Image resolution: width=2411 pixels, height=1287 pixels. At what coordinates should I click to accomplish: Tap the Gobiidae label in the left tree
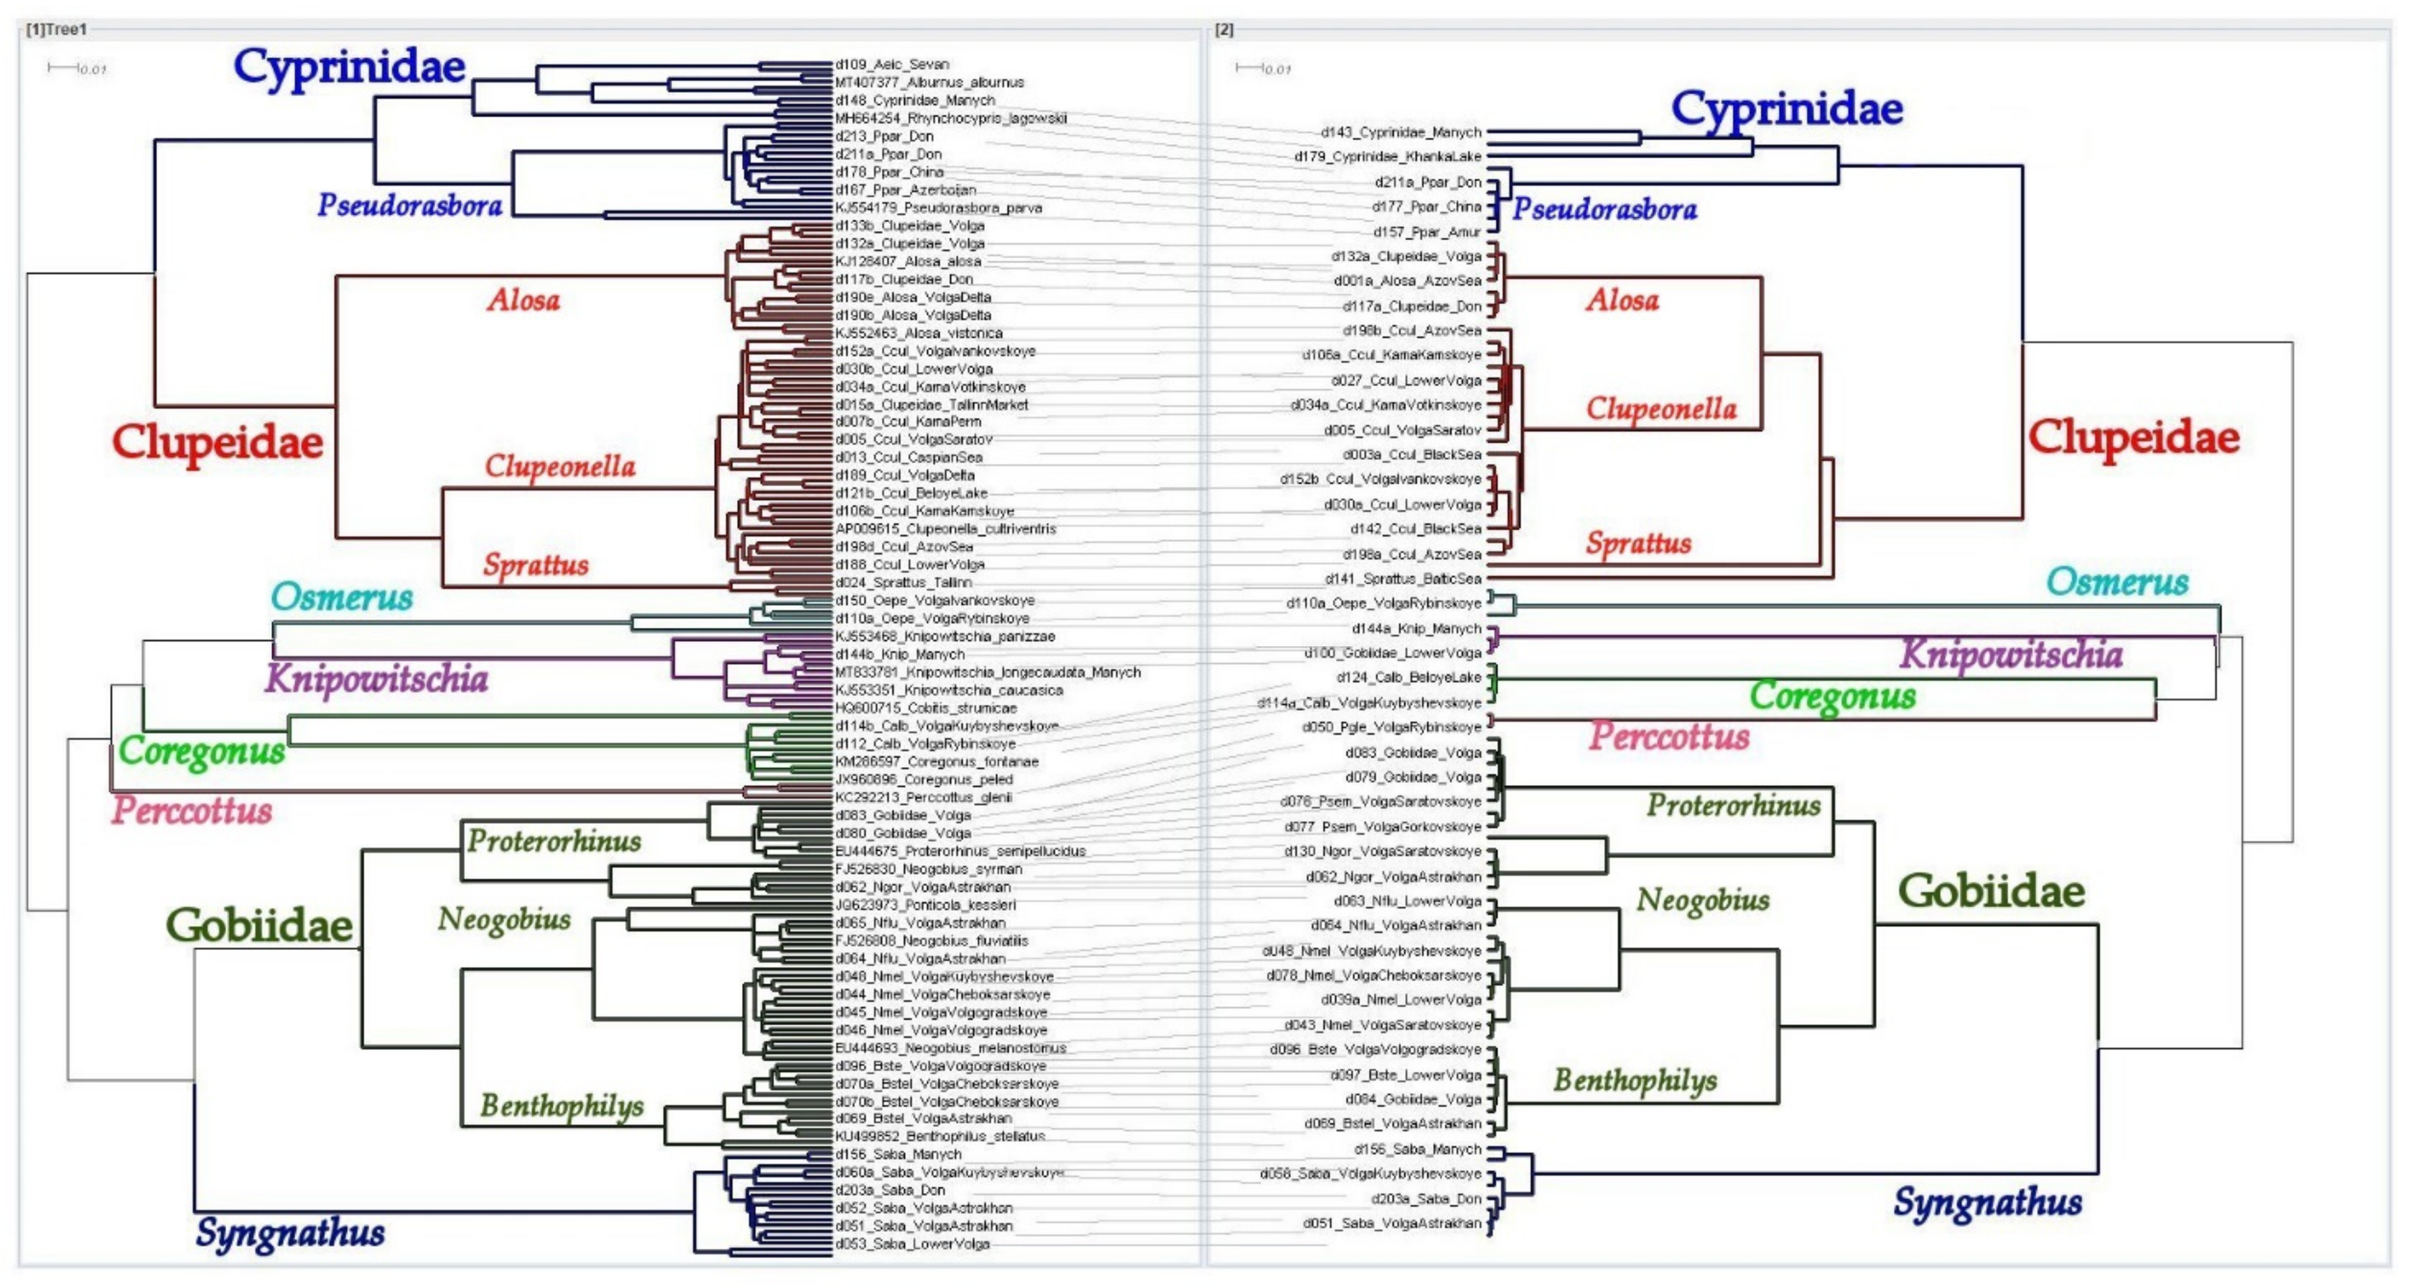coord(259,925)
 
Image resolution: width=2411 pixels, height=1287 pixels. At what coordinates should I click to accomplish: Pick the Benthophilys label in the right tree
coord(1635,1080)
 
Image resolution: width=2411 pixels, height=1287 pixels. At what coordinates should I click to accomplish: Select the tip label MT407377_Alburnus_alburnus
coord(929,83)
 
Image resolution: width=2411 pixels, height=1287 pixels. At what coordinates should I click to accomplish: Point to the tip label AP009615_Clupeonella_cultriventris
coord(945,529)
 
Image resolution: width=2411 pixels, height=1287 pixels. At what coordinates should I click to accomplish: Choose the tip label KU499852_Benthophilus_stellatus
coord(940,1137)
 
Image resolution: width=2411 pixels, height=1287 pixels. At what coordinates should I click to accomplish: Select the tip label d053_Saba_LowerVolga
coord(911,1244)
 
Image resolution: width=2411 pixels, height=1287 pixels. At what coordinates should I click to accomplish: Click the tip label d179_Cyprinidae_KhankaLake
coord(1387,156)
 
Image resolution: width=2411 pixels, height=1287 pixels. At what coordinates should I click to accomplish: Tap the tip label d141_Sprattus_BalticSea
coord(1402,578)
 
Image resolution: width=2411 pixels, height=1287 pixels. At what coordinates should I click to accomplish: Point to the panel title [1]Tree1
coord(56,30)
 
